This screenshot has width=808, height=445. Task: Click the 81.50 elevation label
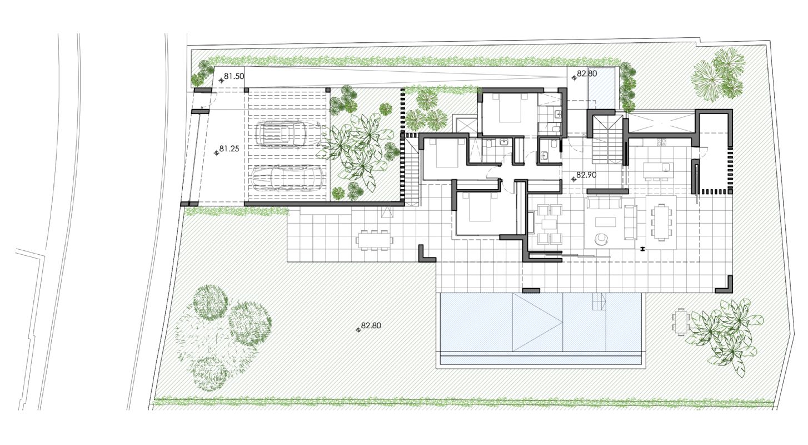pyautogui.click(x=234, y=77)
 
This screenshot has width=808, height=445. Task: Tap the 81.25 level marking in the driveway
pyautogui.click(x=229, y=149)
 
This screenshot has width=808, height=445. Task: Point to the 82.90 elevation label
pyautogui.click(x=586, y=175)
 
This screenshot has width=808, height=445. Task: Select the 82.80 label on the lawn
pyautogui.click(x=371, y=325)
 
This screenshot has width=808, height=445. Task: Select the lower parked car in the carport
pyautogui.click(x=287, y=178)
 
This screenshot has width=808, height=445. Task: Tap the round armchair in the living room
pyautogui.click(x=601, y=239)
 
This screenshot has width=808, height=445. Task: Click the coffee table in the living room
pyautogui.click(x=606, y=222)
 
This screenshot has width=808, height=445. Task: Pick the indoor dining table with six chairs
pyautogui.click(x=661, y=222)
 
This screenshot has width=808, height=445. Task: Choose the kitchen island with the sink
pyautogui.click(x=659, y=170)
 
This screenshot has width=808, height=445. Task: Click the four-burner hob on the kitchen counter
pyautogui.click(x=661, y=142)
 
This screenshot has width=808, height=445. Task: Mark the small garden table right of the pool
pyautogui.click(x=681, y=322)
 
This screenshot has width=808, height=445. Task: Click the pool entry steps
pyautogui.click(x=599, y=301)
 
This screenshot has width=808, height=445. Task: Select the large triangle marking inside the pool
pyautogui.click(x=537, y=322)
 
